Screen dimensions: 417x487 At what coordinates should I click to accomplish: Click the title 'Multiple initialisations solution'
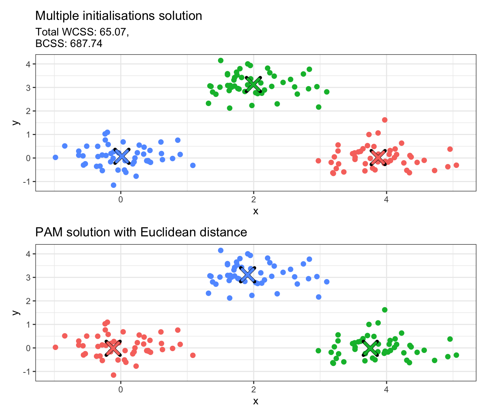[118, 16]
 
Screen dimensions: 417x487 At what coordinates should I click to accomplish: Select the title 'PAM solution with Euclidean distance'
[141, 232]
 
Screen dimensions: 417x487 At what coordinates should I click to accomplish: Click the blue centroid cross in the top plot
[122, 156]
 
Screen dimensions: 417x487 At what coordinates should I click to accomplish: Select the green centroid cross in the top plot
[253, 84]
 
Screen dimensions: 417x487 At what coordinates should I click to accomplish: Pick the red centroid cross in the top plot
[378, 157]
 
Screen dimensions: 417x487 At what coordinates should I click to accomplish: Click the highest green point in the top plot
[221, 60]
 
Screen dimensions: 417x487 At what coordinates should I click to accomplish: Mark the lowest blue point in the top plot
[113, 185]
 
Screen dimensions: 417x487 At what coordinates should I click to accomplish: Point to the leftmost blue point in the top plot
[55, 157]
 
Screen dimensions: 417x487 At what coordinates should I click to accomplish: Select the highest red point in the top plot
[385, 120]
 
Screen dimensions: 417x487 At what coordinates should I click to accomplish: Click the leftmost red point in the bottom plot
[55, 347]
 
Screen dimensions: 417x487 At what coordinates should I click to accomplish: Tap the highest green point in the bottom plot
[385, 310]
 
